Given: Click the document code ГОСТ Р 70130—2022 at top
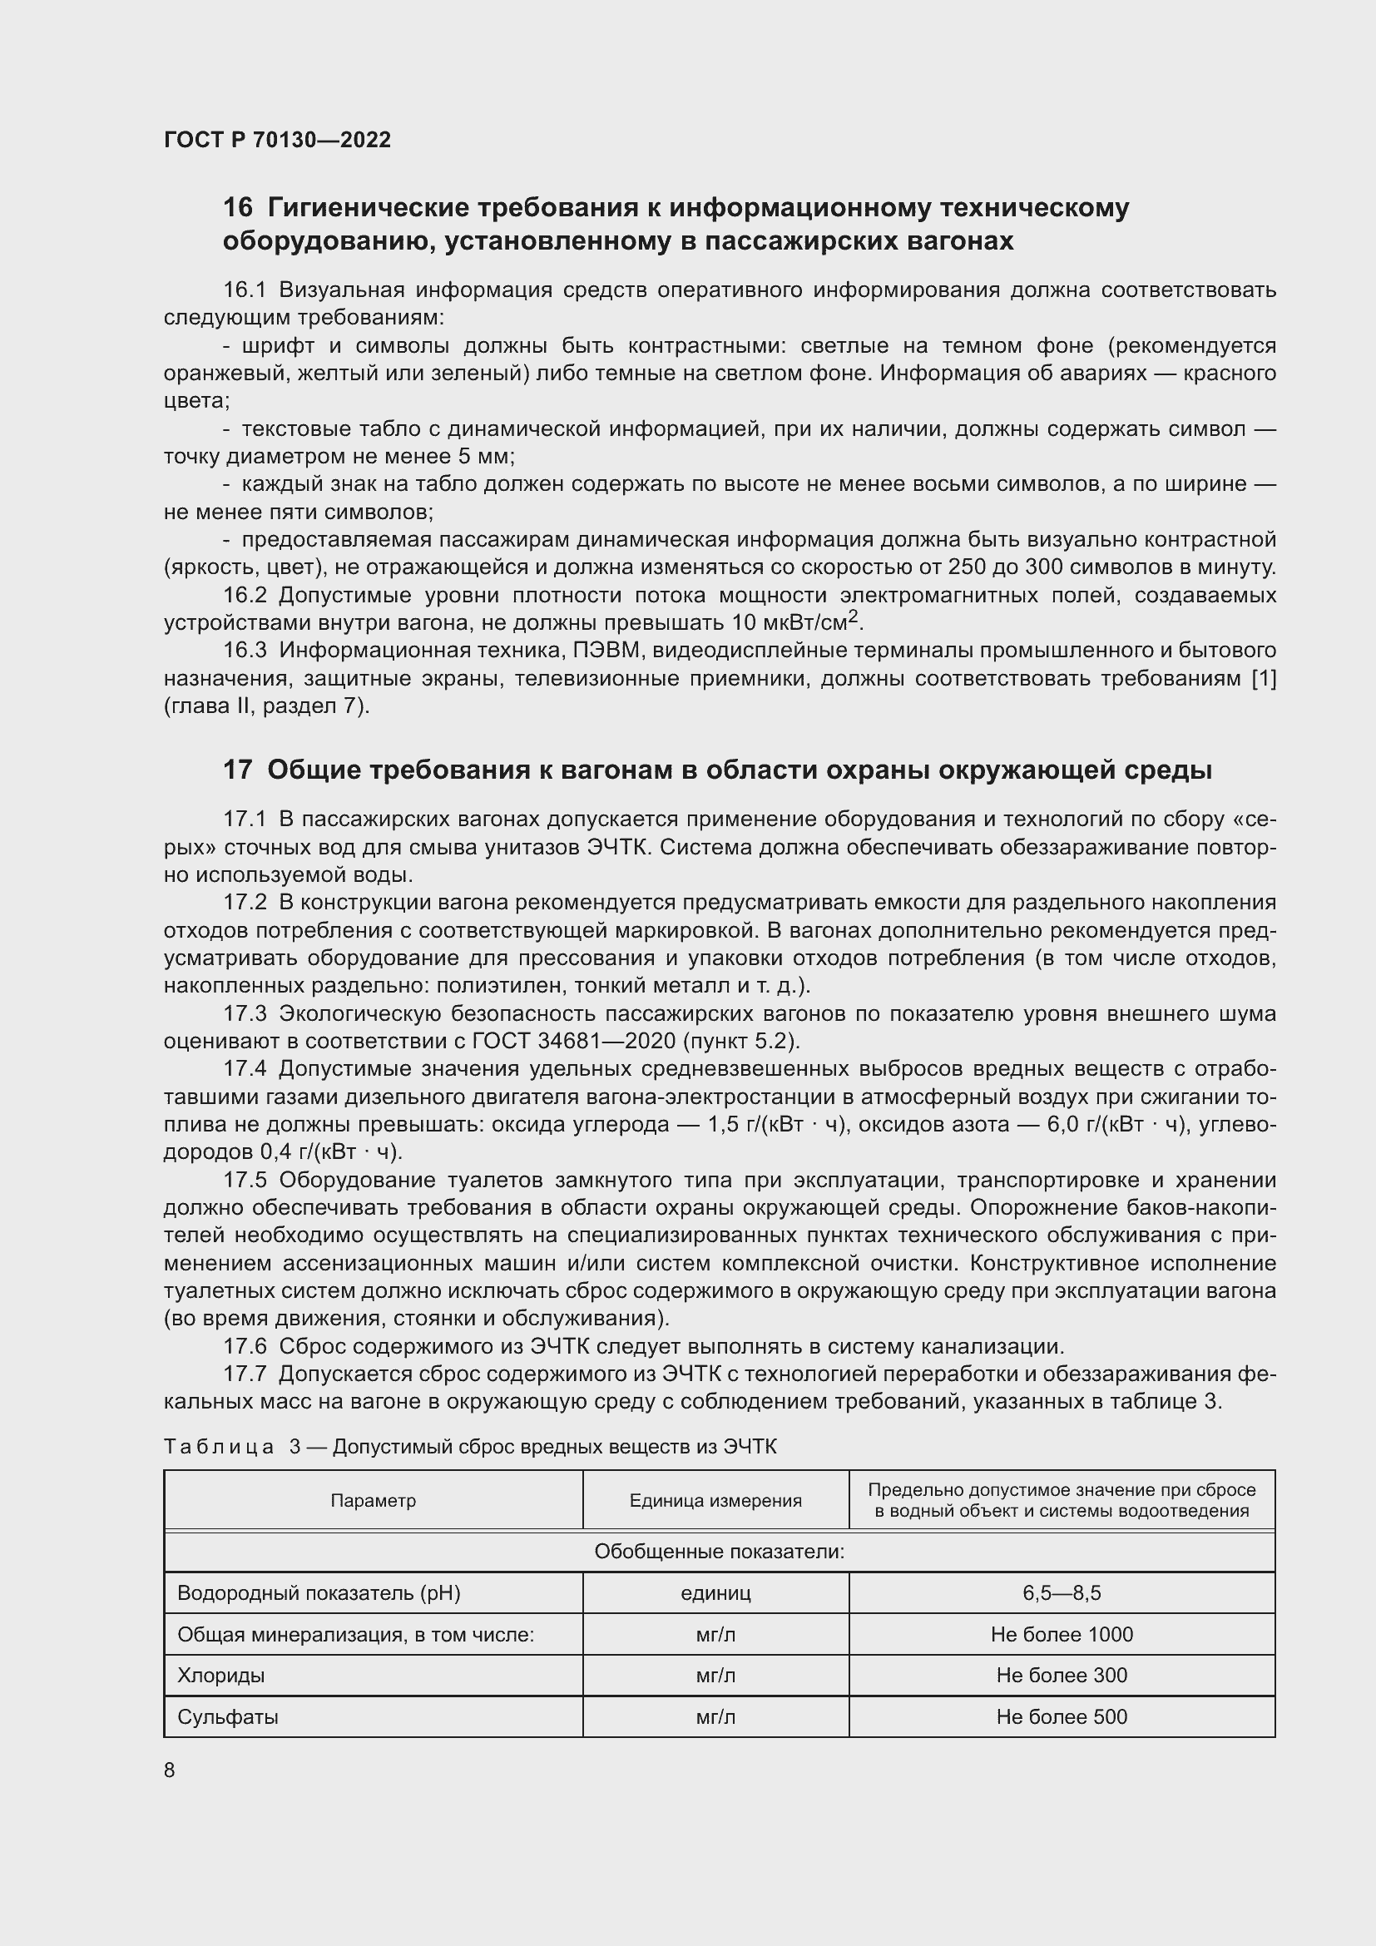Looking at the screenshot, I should tap(277, 140).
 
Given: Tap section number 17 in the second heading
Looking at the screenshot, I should tap(237, 770).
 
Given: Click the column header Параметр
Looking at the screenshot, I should tap(373, 1501).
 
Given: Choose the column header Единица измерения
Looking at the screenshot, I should tap(715, 1501).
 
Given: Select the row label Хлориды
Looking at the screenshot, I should tap(220, 1676).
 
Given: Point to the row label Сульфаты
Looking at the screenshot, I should tap(227, 1717).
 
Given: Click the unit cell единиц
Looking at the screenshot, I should tap(715, 1593).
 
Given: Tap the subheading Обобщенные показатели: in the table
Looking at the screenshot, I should tap(719, 1552).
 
